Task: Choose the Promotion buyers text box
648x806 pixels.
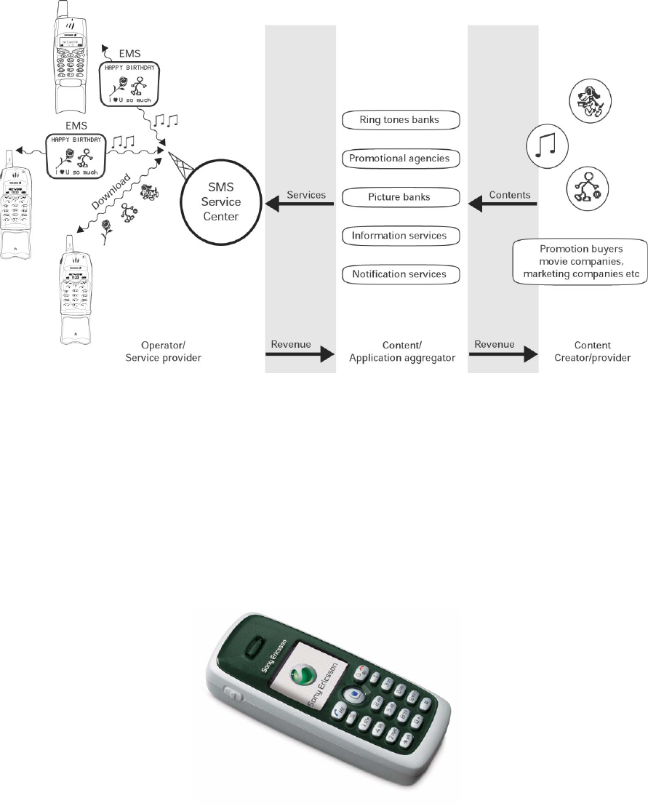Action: click(580, 260)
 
